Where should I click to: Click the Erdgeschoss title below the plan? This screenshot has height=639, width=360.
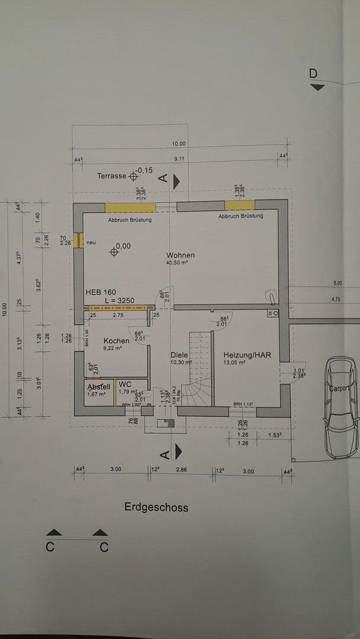pos(156,507)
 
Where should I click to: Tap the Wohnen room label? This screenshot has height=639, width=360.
pos(181,255)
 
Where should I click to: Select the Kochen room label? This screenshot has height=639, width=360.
pos(116,341)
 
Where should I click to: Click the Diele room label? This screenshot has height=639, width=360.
pos(179,355)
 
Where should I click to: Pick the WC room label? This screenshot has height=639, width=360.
pos(125,384)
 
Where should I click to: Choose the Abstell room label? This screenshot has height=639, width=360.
pos(99,387)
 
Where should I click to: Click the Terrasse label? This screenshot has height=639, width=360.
pos(112,176)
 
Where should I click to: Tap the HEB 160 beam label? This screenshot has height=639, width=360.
pos(101,292)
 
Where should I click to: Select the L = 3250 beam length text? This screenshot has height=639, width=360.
pos(119,301)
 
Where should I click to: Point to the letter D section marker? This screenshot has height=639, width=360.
pos(313,73)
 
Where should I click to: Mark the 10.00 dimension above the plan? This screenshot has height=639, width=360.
pos(179,144)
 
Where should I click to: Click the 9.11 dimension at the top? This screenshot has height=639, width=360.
pos(179,159)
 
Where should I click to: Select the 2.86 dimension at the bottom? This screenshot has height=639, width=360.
pos(181,470)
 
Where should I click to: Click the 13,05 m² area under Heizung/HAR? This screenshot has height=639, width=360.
pos(234,362)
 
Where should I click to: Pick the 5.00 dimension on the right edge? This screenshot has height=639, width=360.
pos(338,283)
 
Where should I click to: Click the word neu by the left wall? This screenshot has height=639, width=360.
pos(91,243)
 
